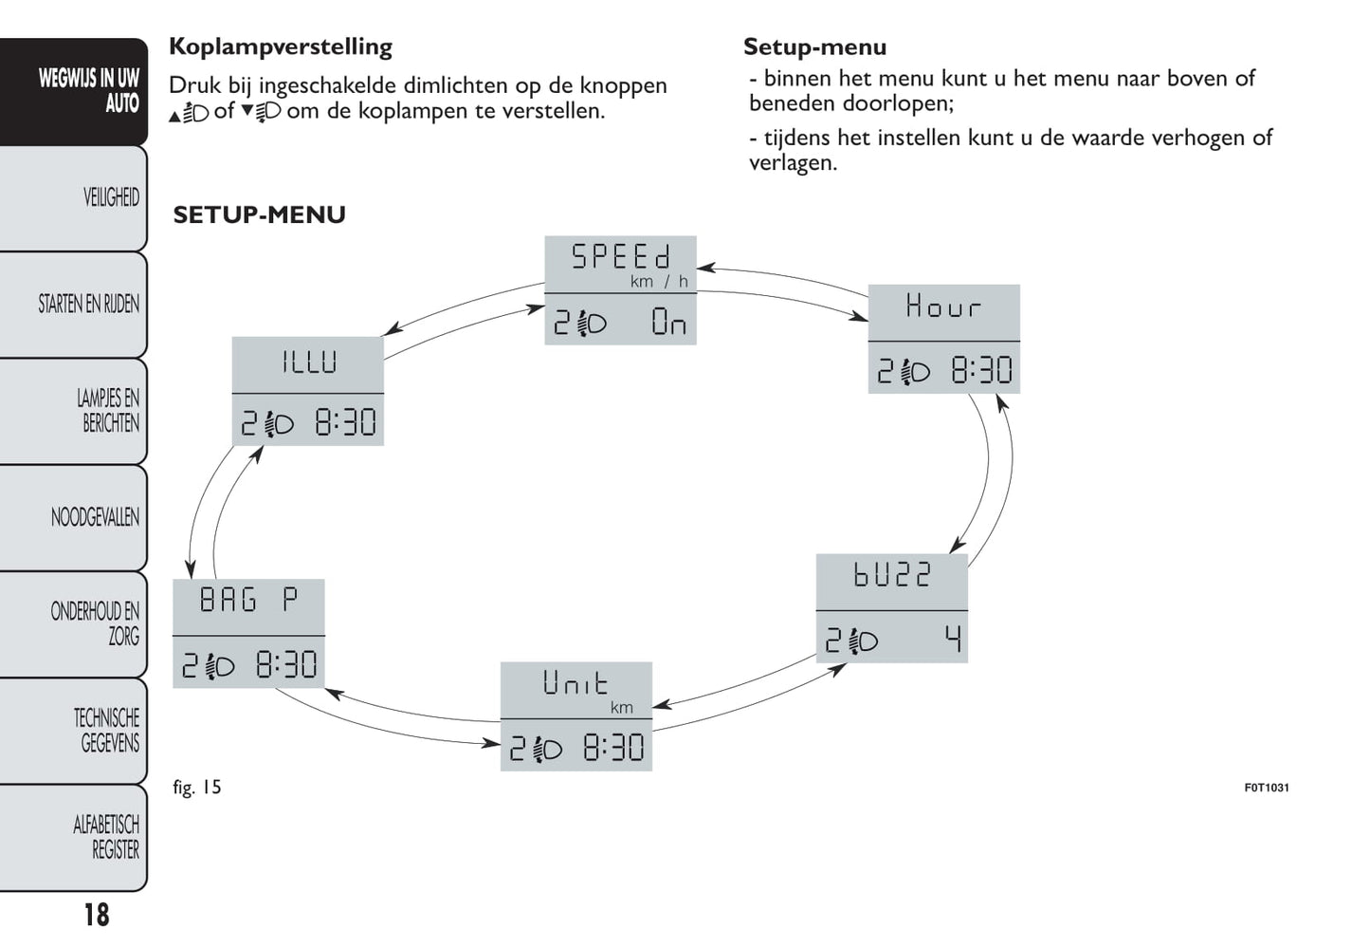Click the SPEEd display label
click(x=621, y=256)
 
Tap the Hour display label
click(x=943, y=306)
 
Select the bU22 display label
click(x=892, y=574)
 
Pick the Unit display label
click(x=575, y=682)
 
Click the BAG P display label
click(x=248, y=600)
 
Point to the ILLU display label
click(x=309, y=362)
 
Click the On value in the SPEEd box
click(x=668, y=322)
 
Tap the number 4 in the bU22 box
click(x=953, y=639)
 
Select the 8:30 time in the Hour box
click(x=981, y=370)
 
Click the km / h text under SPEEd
click(x=659, y=281)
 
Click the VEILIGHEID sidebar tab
click(x=111, y=197)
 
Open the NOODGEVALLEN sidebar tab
click(x=95, y=517)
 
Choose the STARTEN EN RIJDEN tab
click(x=89, y=305)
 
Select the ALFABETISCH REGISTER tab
click(x=106, y=838)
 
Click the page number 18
click(x=97, y=915)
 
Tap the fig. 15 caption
click(x=197, y=788)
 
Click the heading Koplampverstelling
click(x=281, y=47)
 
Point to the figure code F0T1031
click(x=1267, y=788)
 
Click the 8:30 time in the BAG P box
click(x=286, y=665)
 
